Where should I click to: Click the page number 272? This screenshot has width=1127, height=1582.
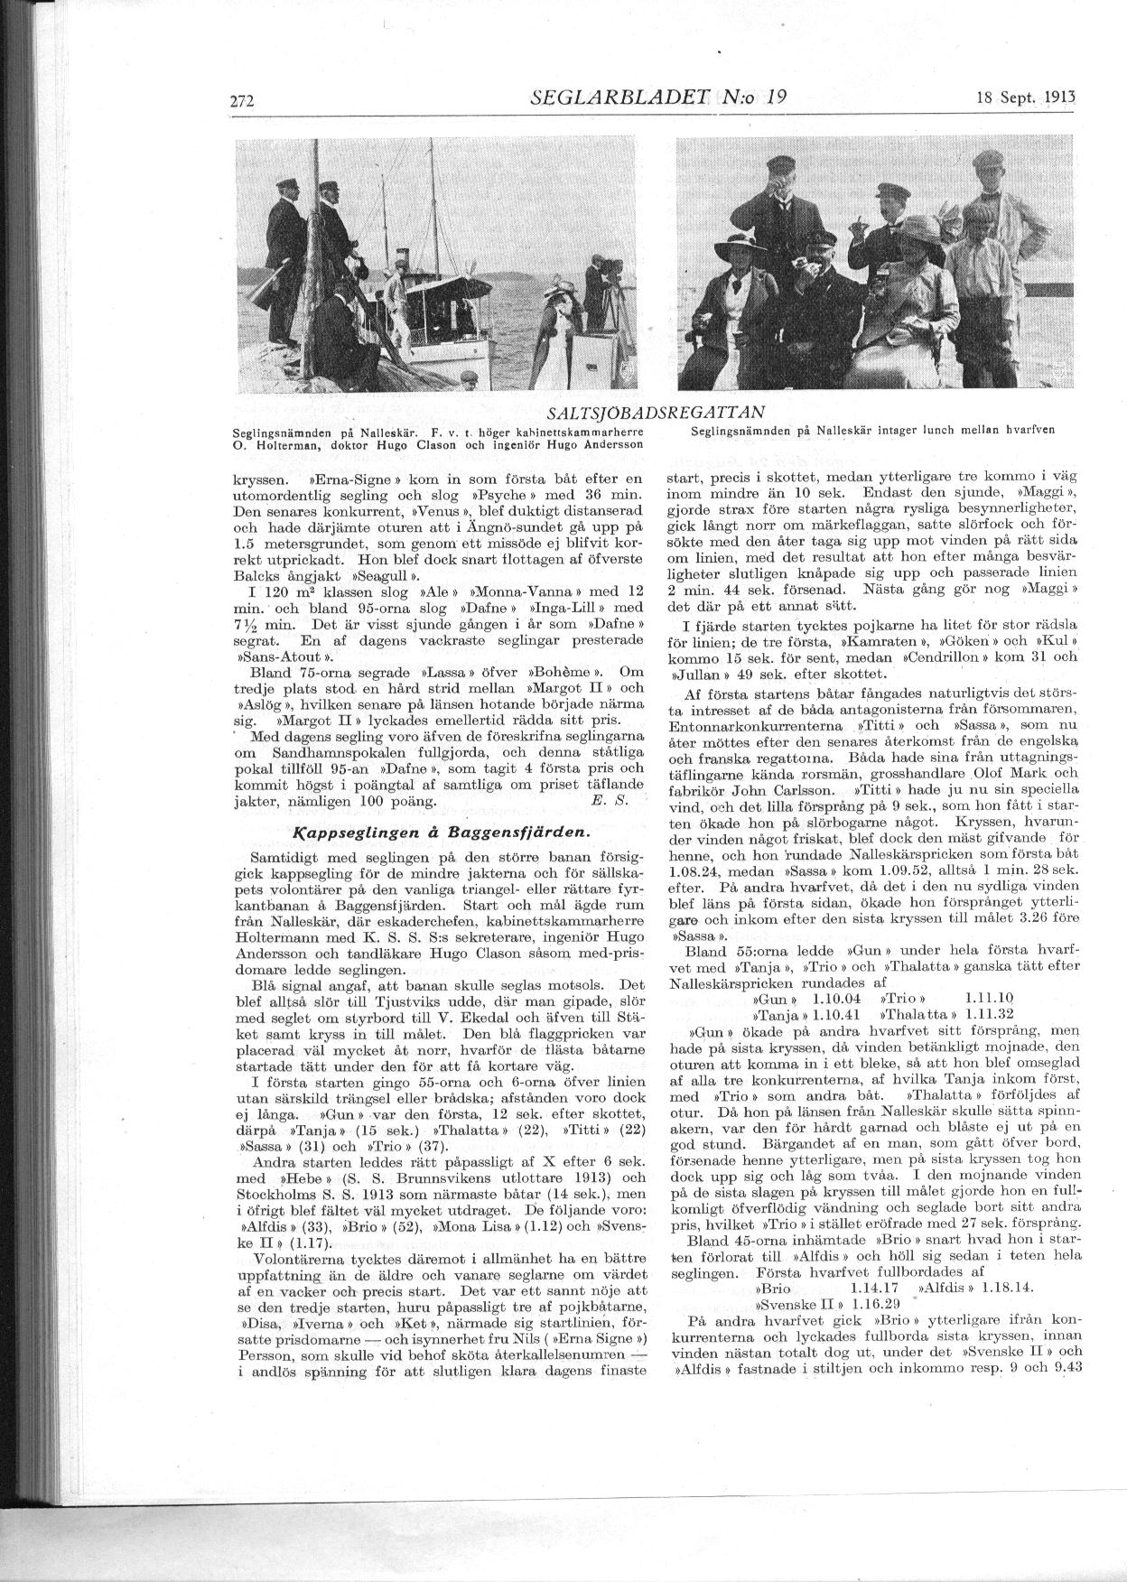[244, 101]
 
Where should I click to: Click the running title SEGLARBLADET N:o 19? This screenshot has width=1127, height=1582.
[659, 98]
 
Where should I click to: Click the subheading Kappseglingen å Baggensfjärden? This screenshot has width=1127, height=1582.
[442, 832]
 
